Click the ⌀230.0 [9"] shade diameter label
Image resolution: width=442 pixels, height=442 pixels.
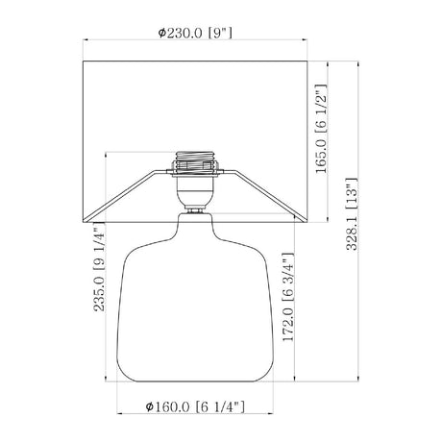195,33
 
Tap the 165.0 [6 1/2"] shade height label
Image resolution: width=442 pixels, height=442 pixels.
321,129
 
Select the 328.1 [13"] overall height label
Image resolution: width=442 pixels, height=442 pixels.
352,213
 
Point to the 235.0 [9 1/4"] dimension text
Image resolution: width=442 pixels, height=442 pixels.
99,267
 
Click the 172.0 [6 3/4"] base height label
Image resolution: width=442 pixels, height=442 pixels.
288,297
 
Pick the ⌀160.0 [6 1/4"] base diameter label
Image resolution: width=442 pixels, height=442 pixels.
195,406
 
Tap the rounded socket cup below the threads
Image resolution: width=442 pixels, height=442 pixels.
195,191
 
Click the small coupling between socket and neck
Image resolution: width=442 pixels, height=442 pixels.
195,210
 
